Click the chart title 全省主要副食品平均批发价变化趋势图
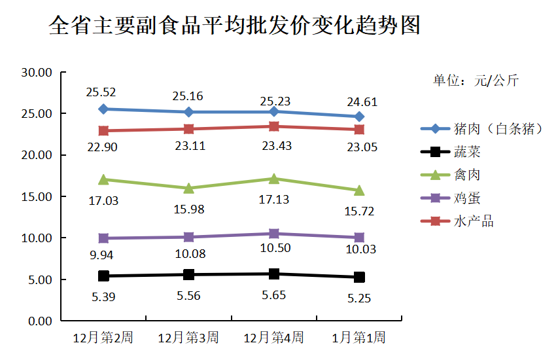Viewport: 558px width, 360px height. (234, 26)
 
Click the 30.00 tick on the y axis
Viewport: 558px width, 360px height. (37, 73)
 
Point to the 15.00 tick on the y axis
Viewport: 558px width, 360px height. (37, 197)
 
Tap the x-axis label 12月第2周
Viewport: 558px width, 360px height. (103, 338)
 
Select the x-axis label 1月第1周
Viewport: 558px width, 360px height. (358, 338)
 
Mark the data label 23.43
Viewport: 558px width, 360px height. (276, 146)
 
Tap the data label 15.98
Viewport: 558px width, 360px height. (189, 209)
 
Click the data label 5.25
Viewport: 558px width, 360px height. (359, 298)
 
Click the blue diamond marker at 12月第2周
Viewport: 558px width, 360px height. (103, 109)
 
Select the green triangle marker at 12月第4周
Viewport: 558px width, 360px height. (274, 178)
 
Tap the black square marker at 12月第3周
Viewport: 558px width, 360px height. (188, 274)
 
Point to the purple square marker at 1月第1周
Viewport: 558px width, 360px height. (359, 238)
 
